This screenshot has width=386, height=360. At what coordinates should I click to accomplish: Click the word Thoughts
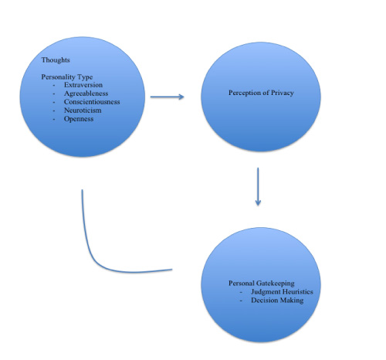[x=56, y=60]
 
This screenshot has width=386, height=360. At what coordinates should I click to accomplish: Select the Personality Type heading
[x=67, y=77]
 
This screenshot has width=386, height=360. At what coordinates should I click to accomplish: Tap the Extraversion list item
[x=83, y=85]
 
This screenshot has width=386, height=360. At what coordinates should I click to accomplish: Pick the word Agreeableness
[x=86, y=93]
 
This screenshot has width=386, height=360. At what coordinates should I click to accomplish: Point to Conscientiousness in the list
[x=92, y=102]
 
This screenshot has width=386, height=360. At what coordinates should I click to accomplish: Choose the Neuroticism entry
[x=83, y=110]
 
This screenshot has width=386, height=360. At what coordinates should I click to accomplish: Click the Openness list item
[x=79, y=119]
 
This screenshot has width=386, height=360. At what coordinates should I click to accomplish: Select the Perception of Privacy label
[x=261, y=93]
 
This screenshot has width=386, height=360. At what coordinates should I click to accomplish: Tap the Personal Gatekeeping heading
[x=262, y=284]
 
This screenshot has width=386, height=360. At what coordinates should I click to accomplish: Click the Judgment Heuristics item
[x=282, y=292]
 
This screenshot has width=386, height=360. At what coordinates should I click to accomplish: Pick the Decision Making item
[x=277, y=301]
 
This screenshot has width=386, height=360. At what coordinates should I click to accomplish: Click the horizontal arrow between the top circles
[x=168, y=97]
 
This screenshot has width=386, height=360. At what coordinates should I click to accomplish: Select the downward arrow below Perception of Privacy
[x=258, y=187]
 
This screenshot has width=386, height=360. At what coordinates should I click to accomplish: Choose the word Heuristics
[x=297, y=292]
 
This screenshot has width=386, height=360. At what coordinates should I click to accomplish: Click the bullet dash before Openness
[x=54, y=119]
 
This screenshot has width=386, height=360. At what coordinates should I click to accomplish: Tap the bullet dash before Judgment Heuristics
[x=241, y=292]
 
